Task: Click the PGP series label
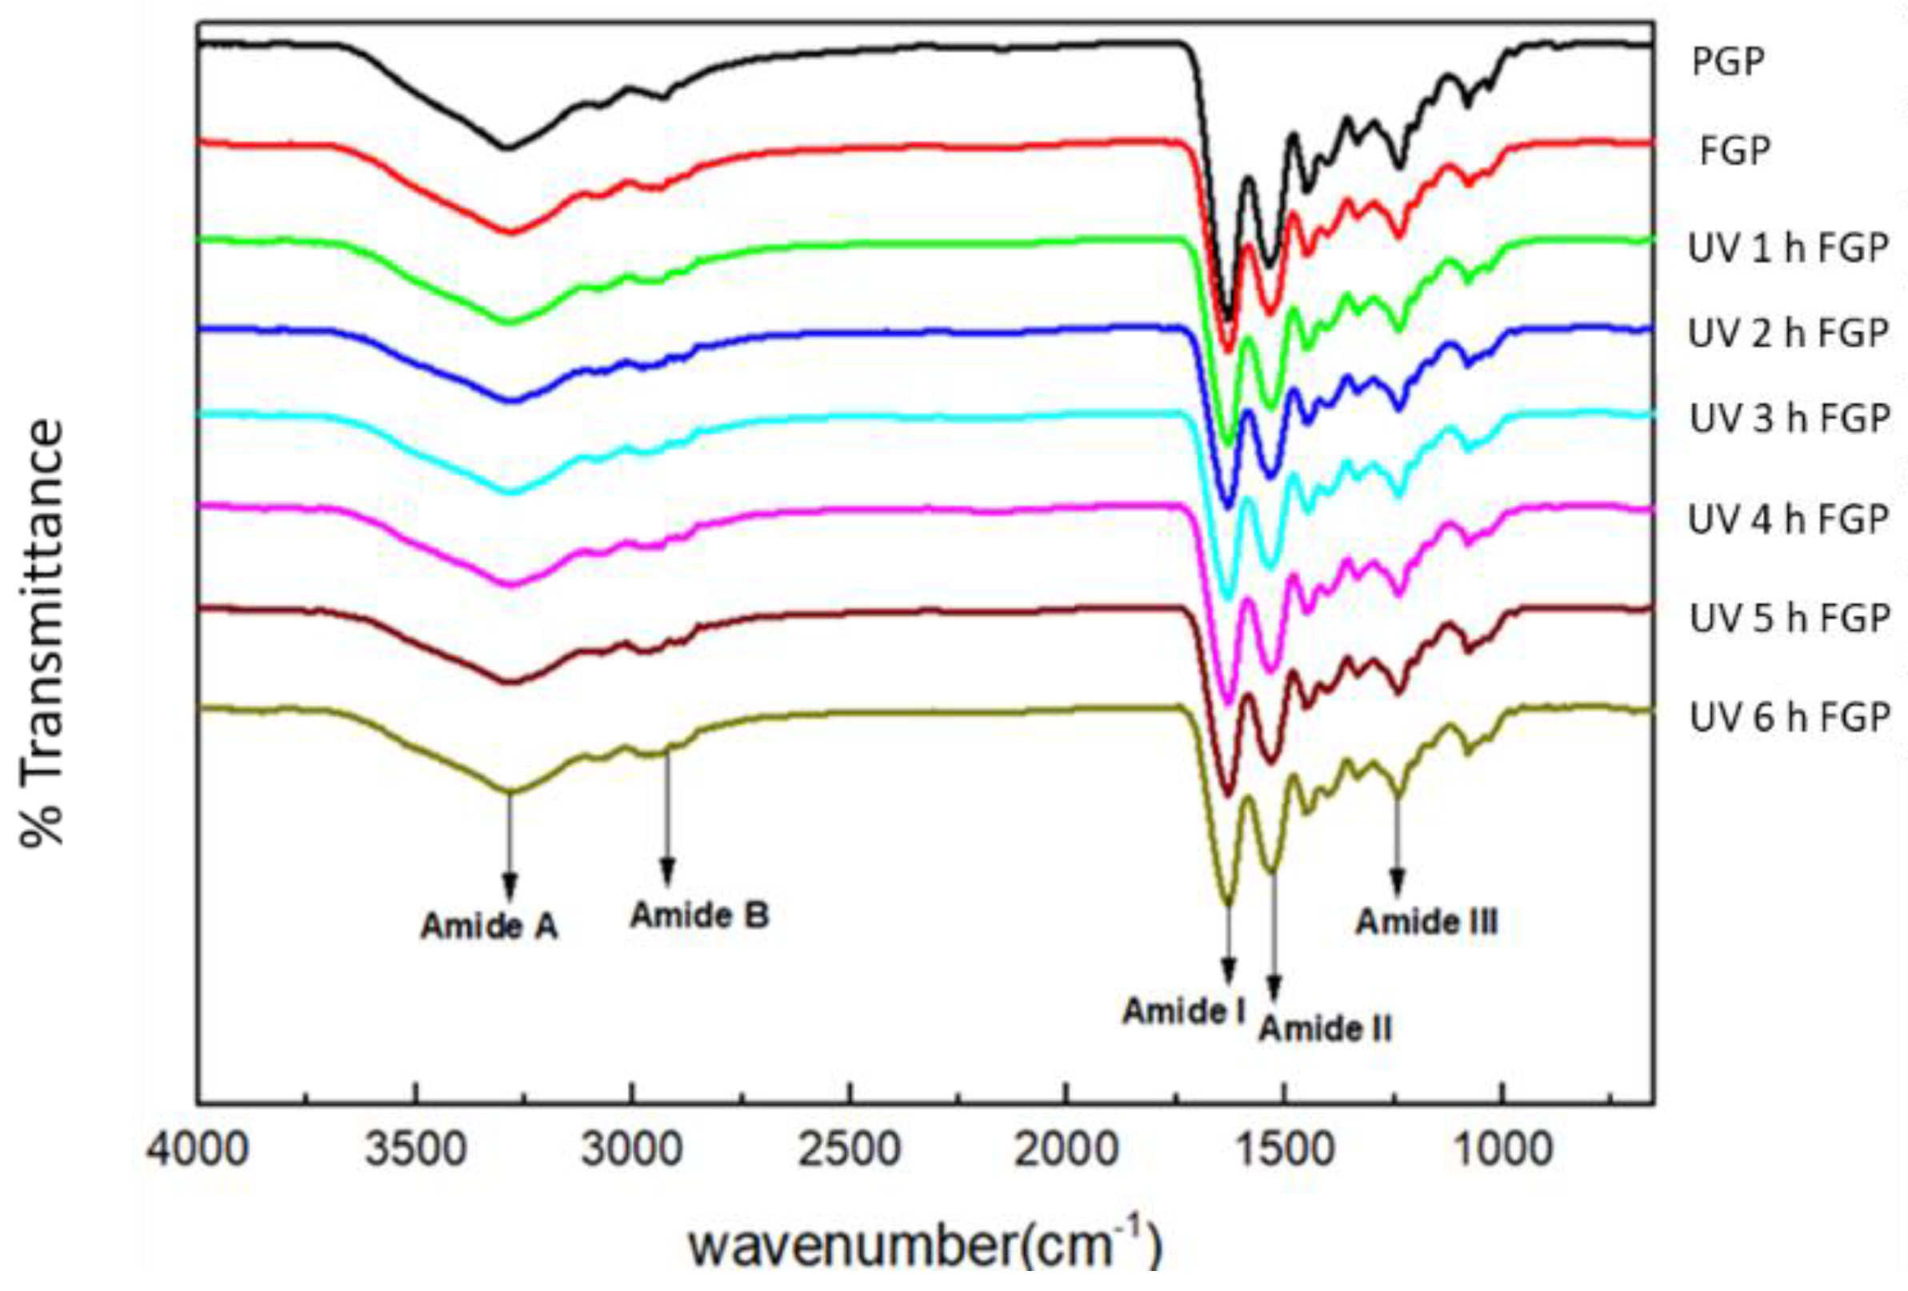[x=1727, y=62]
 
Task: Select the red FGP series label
[x=1734, y=151]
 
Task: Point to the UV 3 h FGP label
[x=1790, y=419]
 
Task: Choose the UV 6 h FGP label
[x=1790, y=718]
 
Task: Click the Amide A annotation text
[x=490, y=926]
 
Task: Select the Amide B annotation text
[x=699, y=915]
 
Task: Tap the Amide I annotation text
[x=1184, y=1011]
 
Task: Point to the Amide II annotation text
[x=1325, y=1028]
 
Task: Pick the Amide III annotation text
[x=1427, y=922]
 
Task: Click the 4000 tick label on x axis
[x=197, y=1150]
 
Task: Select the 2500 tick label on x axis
[x=850, y=1150]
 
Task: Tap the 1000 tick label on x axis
[x=1502, y=1150]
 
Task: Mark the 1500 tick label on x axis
[x=1285, y=1150]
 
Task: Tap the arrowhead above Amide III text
[x=1397, y=886]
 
